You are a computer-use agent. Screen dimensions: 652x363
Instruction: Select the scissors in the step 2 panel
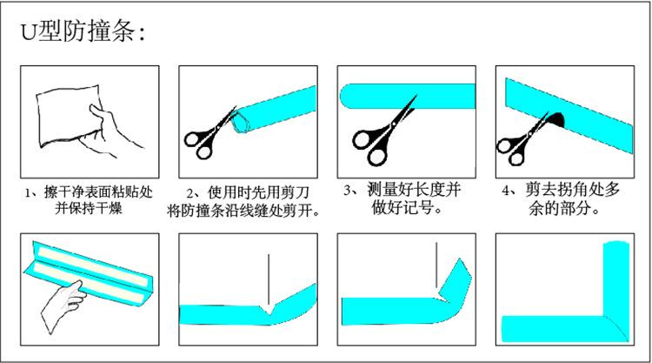210,133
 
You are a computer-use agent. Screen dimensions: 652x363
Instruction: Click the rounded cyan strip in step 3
408,96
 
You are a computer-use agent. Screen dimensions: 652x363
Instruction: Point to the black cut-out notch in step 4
556,119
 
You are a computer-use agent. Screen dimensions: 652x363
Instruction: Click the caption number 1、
31,192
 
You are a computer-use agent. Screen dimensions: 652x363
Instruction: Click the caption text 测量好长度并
414,190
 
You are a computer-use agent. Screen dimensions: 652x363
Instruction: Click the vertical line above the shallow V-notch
269,279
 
